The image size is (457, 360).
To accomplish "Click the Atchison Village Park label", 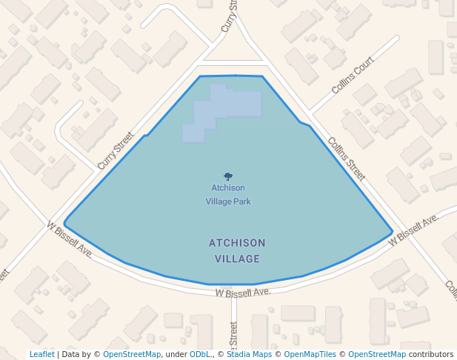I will point(228,194).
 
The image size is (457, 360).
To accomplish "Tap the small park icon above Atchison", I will point(228,176).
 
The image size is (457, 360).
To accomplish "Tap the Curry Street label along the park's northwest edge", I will point(115,150).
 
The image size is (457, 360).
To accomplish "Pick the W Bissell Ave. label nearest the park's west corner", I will point(70,240).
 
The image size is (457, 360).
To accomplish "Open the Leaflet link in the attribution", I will point(41,354).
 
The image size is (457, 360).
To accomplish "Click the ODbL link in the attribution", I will point(199,354).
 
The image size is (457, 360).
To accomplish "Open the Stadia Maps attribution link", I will point(249,354).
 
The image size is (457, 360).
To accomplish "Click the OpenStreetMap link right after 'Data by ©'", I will point(132,354).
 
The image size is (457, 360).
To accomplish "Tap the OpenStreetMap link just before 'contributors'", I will point(376,354).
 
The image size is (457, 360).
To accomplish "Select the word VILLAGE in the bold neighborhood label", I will point(237,259).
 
